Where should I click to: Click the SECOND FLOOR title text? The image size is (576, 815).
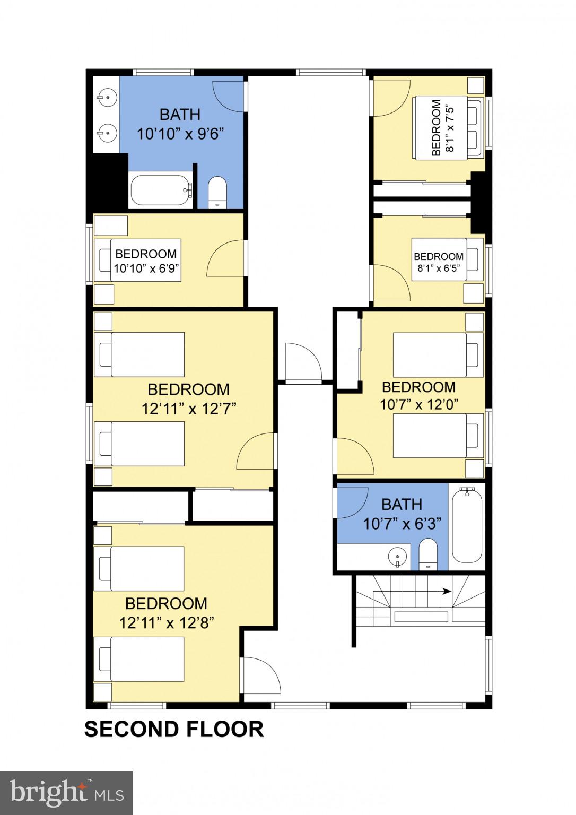173,729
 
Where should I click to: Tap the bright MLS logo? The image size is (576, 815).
66,793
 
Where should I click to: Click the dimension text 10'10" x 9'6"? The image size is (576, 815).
180,134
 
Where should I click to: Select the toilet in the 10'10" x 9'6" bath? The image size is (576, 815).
217,192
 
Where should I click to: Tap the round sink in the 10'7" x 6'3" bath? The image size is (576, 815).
397,557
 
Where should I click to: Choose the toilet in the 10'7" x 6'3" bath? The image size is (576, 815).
427,555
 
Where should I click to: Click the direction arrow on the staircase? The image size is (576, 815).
447,591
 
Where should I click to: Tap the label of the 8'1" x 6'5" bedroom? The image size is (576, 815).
439,262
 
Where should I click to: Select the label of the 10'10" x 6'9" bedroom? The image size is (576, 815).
146,261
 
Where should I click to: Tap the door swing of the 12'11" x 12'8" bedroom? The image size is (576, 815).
261,674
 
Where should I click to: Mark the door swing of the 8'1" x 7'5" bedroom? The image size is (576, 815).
391,98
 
